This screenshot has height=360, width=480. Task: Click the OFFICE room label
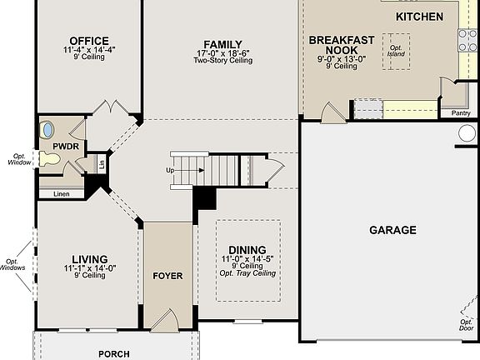click(x=89, y=41)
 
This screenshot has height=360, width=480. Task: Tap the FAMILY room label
click(x=222, y=44)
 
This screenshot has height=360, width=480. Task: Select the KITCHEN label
click(x=419, y=17)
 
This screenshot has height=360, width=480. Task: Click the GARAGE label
click(x=392, y=230)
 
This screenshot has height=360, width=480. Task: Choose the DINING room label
click(x=247, y=250)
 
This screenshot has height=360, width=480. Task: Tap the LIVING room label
click(x=88, y=259)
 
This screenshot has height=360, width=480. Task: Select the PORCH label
click(x=114, y=353)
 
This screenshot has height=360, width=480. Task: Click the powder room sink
click(x=47, y=130)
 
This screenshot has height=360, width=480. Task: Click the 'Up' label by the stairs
click(x=171, y=170)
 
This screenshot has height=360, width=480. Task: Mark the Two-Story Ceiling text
click(x=222, y=60)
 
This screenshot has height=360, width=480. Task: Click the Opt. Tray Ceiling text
click(x=247, y=273)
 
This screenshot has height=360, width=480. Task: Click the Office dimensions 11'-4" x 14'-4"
click(x=89, y=50)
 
